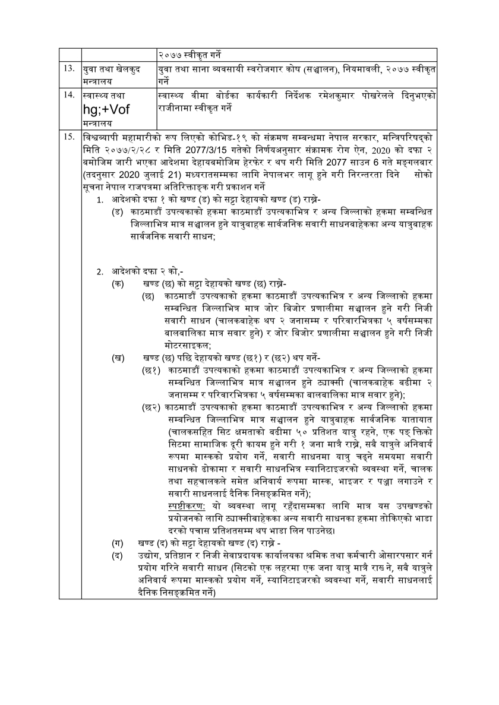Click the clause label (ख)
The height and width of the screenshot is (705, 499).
pyautogui.click(x=118, y=358)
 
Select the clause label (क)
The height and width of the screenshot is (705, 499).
pyautogui.click(x=118, y=284)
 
